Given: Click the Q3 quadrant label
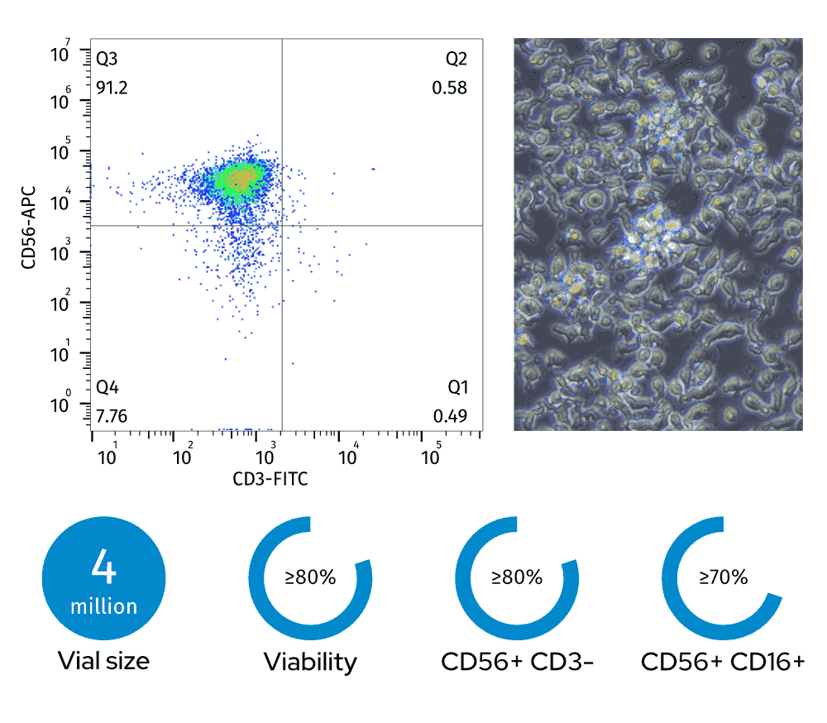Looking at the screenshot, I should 108,59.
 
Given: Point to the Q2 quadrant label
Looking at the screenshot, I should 457,59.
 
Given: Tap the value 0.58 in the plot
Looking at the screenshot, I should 450,87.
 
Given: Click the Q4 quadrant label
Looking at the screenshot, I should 108,387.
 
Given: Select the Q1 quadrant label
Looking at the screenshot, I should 457,387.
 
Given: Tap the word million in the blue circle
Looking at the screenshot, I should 103,606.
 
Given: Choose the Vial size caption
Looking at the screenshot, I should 103,661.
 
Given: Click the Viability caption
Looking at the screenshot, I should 310,662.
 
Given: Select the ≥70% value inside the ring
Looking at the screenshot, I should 724,577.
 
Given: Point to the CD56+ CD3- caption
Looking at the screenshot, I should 517,662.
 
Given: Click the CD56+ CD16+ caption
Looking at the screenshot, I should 723,662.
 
